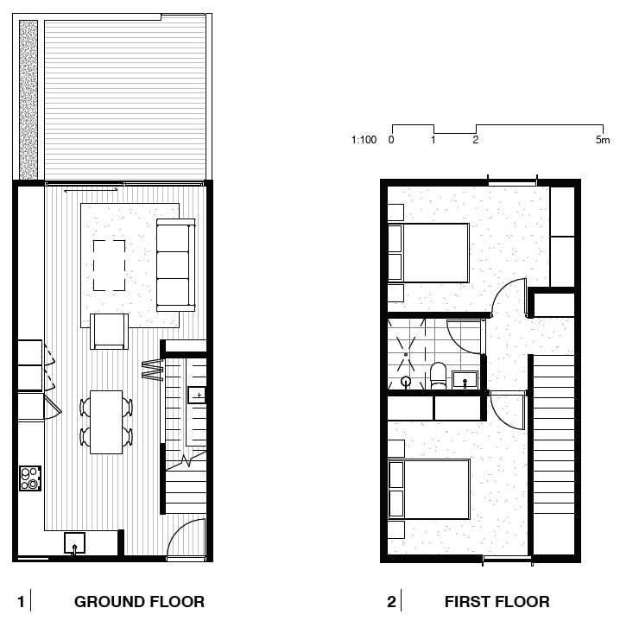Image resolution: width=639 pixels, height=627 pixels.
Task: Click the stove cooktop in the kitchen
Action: click(30, 478)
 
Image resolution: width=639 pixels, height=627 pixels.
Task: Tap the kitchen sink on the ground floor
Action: click(74, 543)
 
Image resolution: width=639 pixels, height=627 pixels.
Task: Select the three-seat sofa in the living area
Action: click(176, 265)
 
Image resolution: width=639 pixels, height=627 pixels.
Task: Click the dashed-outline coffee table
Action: click(109, 265)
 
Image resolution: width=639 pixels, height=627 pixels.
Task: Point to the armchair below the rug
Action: click(109, 331)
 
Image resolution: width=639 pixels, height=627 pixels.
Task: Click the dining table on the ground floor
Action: click(106, 422)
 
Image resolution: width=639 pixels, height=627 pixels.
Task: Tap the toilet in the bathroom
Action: click(439, 376)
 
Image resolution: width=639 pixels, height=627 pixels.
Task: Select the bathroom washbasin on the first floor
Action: click(465, 380)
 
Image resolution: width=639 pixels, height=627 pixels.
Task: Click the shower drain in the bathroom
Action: click(406, 355)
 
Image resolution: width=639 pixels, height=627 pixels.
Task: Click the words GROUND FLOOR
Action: click(139, 602)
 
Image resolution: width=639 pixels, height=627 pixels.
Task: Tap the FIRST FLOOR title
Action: click(497, 602)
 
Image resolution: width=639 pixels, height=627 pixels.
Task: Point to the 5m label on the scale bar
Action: click(603, 140)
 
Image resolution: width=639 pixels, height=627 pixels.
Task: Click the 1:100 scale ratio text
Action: click(364, 140)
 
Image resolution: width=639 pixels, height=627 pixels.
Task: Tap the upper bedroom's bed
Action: click(428, 253)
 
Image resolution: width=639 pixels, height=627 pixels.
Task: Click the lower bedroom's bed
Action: click(429, 489)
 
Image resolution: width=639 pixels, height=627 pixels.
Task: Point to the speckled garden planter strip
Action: click(28, 100)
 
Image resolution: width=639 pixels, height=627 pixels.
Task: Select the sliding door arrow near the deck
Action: click(91, 189)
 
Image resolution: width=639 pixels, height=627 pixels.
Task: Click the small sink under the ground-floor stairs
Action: click(197, 395)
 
